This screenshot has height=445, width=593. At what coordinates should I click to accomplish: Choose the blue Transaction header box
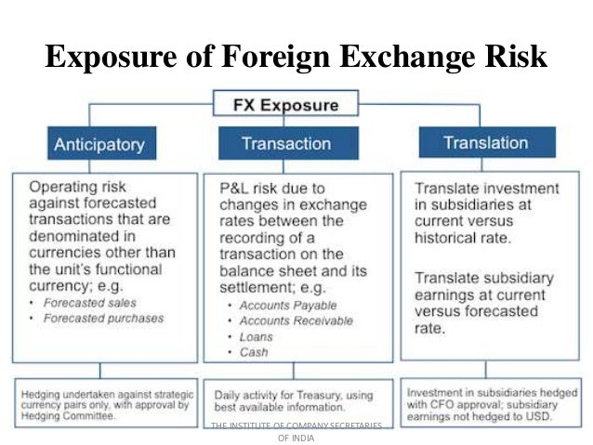click(x=286, y=143)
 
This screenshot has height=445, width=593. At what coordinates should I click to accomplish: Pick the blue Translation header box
click(x=486, y=142)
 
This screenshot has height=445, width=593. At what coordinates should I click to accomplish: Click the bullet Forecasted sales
click(x=89, y=303)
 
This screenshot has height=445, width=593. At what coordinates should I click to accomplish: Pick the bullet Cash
click(x=254, y=353)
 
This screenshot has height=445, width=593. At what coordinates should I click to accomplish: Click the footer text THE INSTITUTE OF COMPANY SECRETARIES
click(x=296, y=425)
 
